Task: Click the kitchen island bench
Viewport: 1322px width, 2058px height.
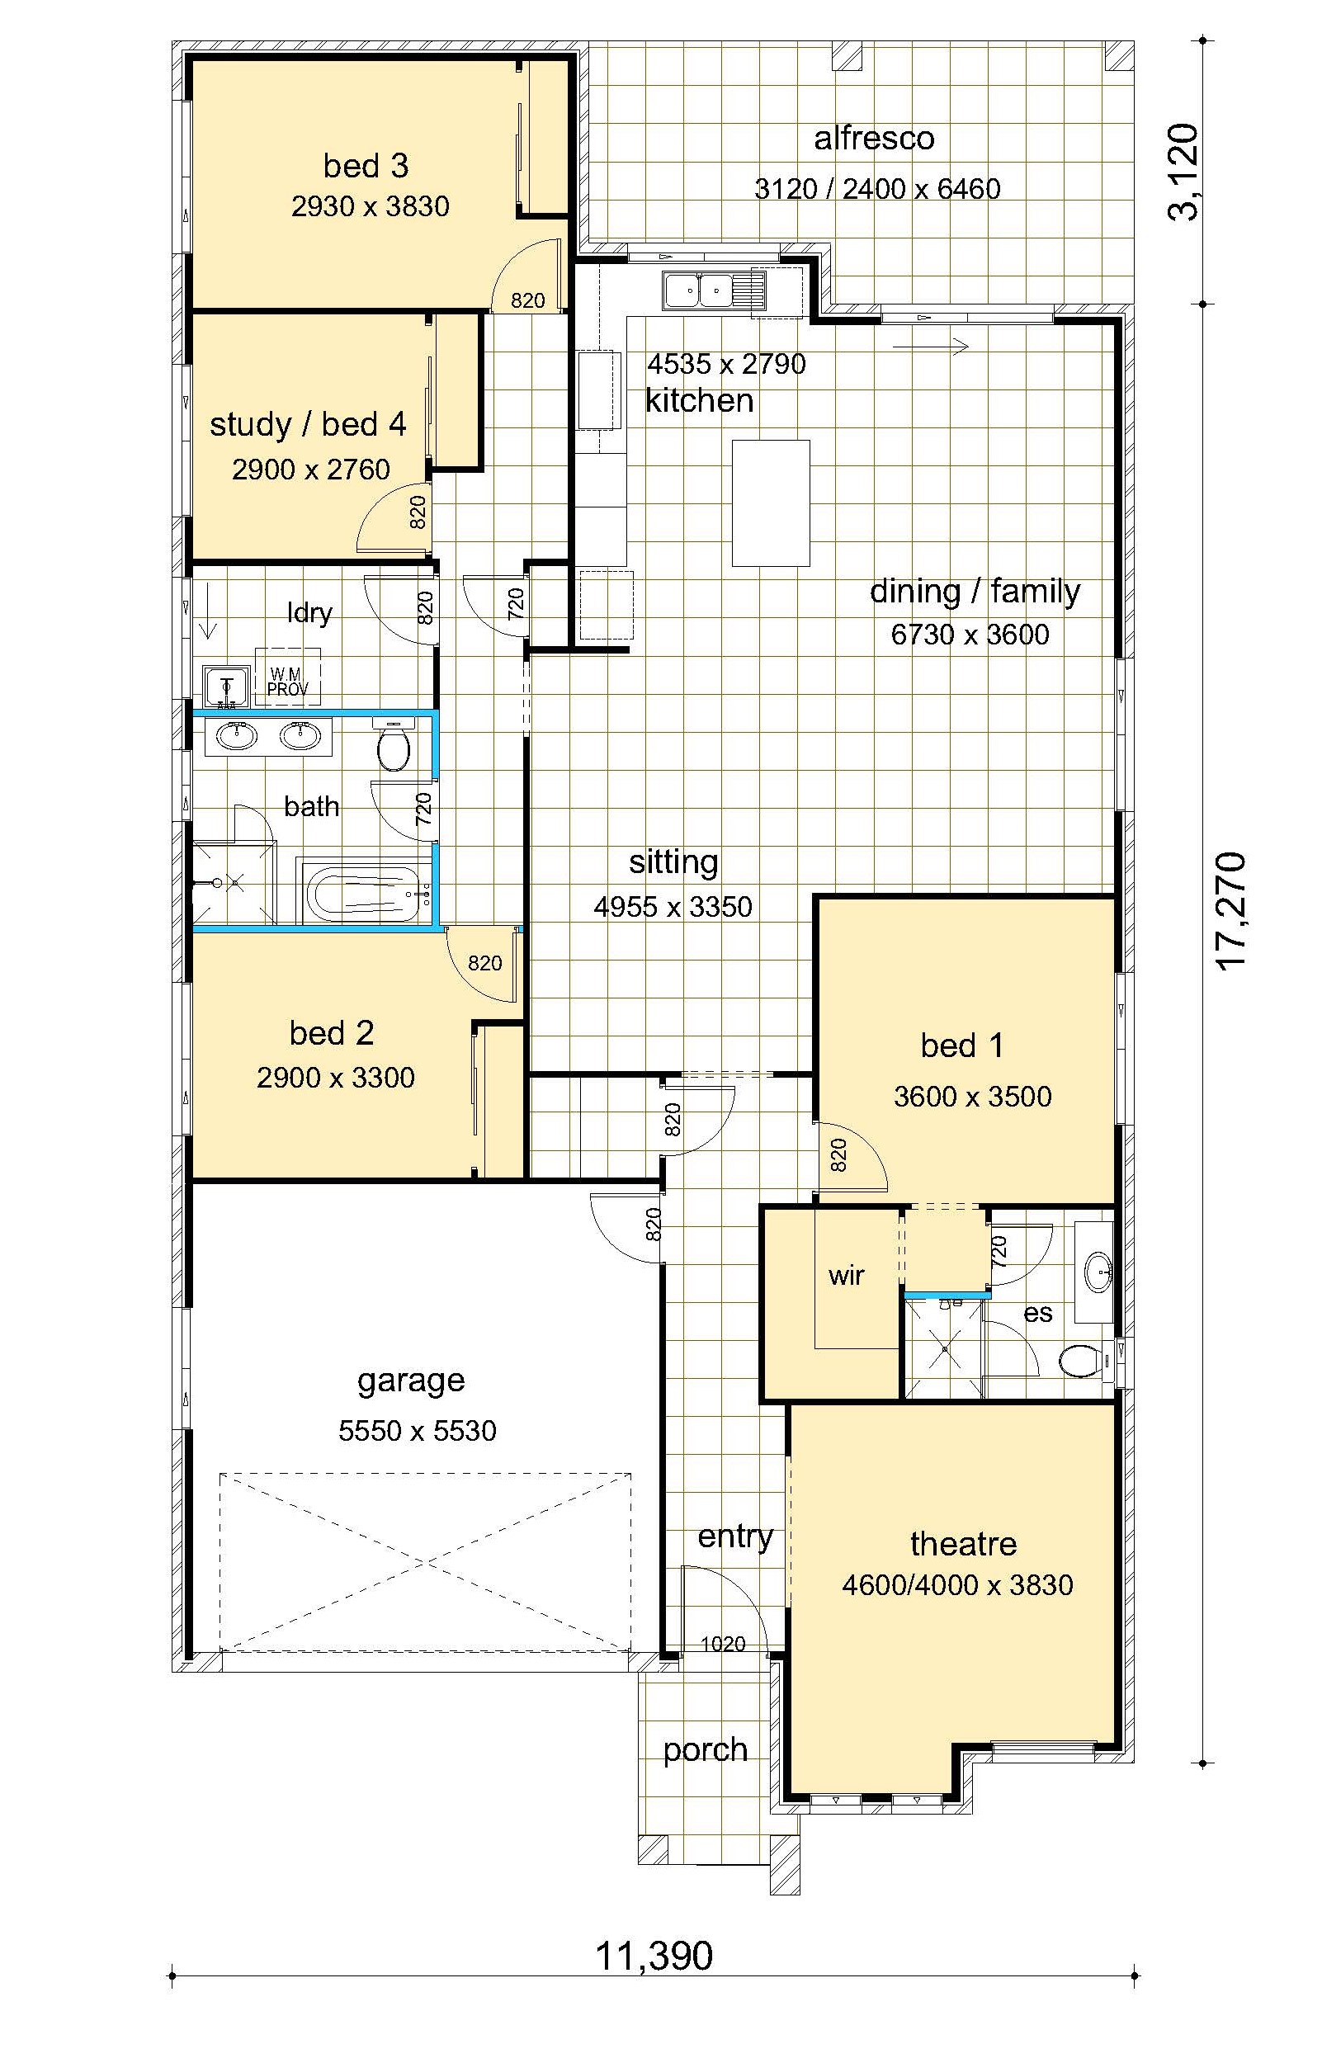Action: (x=771, y=503)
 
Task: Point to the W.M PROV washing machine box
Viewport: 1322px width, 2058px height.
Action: (x=287, y=677)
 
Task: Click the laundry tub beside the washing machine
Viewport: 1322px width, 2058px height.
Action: (x=226, y=686)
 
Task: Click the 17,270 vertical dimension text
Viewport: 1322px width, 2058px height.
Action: (x=1232, y=912)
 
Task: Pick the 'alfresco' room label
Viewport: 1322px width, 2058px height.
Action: (x=874, y=138)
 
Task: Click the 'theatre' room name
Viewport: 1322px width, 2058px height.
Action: (x=963, y=1543)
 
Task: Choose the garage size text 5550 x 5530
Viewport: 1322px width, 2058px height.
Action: (x=418, y=1431)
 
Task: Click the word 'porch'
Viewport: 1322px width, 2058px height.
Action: (x=705, y=1750)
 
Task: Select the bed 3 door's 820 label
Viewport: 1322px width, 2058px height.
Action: (x=528, y=300)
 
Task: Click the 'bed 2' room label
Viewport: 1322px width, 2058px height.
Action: (x=332, y=1033)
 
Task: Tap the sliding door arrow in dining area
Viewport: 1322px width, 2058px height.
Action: (x=932, y=346)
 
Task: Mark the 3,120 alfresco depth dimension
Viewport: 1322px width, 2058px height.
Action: (x=1186, y=172)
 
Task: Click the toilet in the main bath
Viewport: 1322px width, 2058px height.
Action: (x=394, y=745)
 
